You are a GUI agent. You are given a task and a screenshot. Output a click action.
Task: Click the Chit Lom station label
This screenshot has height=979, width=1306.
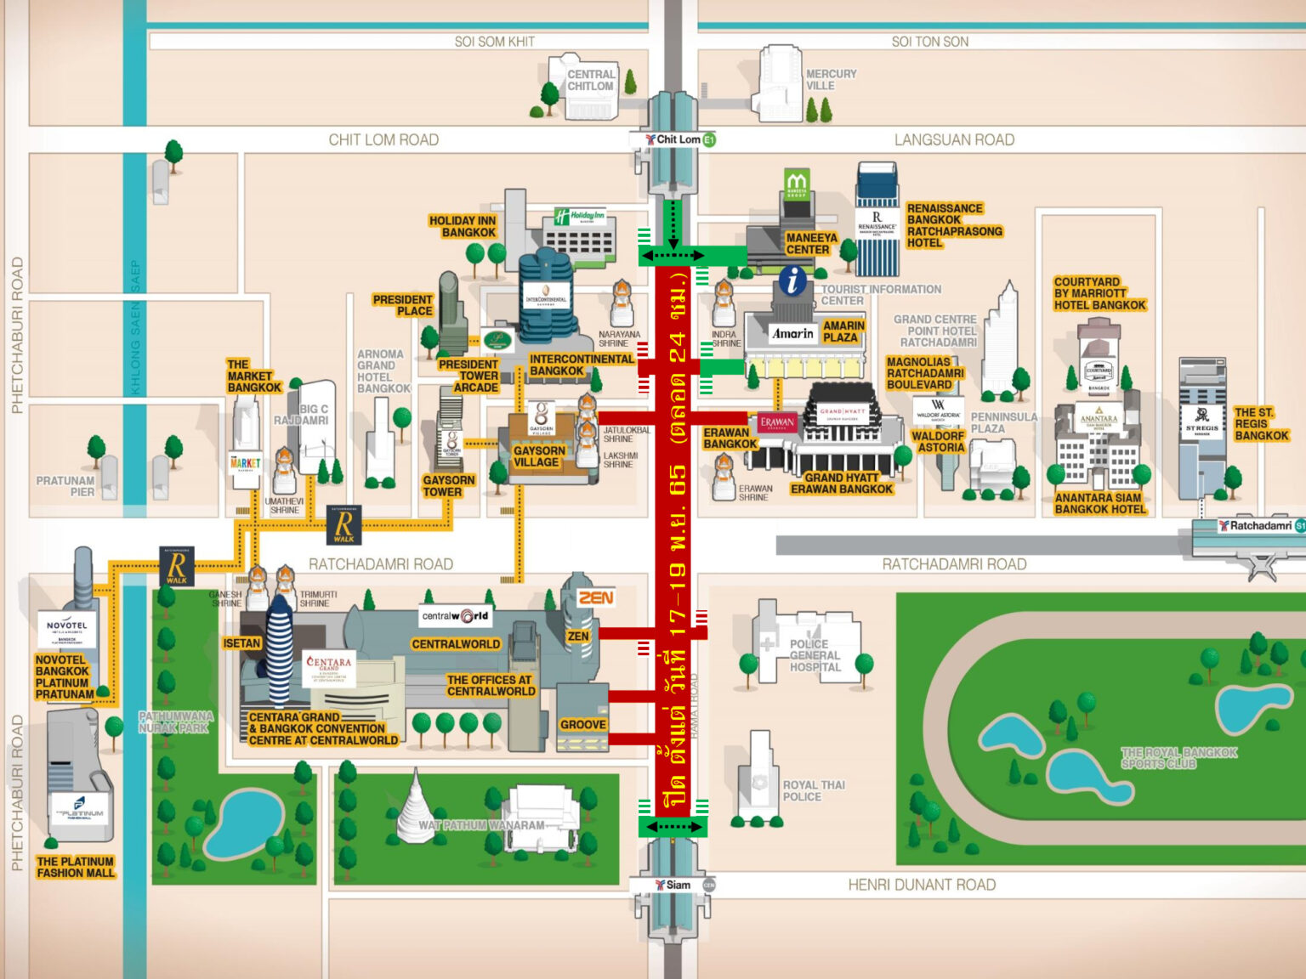click(x=678, y=139)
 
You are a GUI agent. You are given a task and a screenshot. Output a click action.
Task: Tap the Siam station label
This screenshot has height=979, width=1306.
click(x=678, y=885)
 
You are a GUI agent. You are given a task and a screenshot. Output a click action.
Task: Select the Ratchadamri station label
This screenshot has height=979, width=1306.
click(x=1260, y=526)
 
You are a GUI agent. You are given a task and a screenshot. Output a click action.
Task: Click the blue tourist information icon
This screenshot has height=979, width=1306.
click(x=792, y=280)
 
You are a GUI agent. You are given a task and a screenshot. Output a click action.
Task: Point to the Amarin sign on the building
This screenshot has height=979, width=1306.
click(x=792, y=334)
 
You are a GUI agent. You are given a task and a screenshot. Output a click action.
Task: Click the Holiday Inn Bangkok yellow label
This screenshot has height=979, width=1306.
click(x=463, y=227)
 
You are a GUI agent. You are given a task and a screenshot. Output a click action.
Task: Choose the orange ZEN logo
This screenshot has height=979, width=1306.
click(x=596, y=598)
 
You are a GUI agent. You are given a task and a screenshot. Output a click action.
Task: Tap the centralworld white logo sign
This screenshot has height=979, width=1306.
click(x=456, y=616)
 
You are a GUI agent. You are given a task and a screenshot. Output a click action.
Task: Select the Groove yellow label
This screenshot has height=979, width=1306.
click(x=583, y=725)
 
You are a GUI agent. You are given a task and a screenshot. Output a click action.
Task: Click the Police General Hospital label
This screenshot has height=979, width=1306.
click(x=815, y=655)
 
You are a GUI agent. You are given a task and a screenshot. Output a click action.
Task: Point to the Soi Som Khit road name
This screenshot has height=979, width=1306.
click(x=494, y=42)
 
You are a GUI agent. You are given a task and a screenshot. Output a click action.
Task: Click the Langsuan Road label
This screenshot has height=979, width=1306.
click(x=954, y=140)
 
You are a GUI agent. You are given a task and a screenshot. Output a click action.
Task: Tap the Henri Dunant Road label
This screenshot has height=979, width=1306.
click(x=922, y=886)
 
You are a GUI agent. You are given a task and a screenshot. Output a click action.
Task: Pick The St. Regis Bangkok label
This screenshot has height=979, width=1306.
click(x=1261, y=424)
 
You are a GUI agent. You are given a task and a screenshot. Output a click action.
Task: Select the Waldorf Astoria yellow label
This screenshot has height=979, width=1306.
click(x=938, y=442)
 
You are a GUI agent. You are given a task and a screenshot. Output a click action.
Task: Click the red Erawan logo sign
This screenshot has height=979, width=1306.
click(x=777, y=422)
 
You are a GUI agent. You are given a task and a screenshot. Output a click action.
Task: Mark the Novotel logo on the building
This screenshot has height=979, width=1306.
click(x=66, y=626)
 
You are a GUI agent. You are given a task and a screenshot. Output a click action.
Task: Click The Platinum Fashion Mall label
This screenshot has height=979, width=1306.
click(x=75, y=867)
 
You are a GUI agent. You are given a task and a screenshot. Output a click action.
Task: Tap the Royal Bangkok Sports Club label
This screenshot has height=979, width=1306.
click(x=1178, y=758)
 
